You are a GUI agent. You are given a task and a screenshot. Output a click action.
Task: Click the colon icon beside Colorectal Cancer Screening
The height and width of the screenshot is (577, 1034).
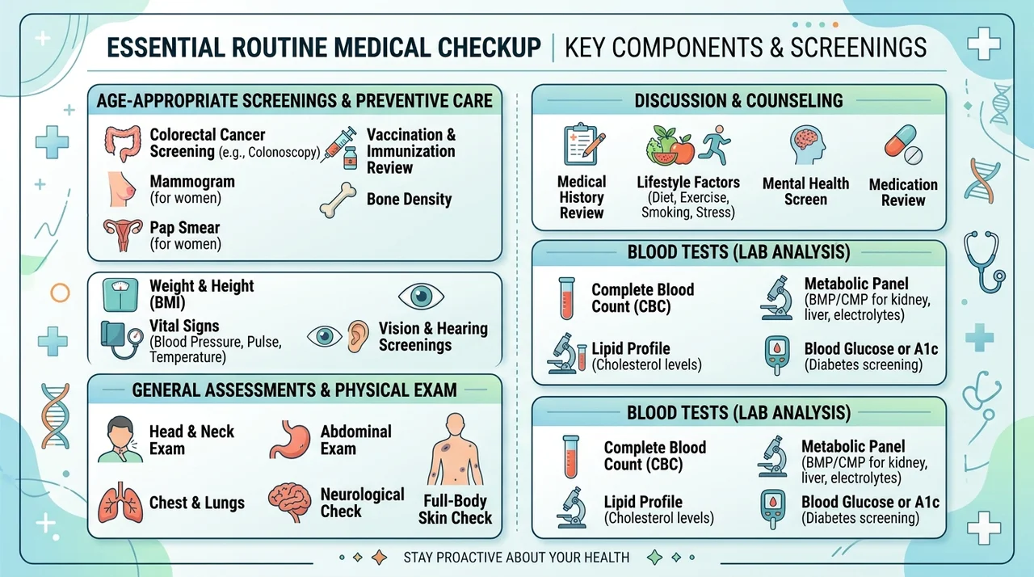[x=122, y=144]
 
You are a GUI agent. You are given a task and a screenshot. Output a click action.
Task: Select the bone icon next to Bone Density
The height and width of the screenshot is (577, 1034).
[x=338, y=200]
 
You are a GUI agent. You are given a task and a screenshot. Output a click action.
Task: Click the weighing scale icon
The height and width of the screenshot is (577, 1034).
[x=120, y=294]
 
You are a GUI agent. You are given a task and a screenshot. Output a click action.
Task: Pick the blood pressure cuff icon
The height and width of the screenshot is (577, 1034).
[x=121, y=340]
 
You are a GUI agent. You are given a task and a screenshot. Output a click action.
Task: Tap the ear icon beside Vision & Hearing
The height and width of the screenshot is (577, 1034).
[x=358, y=336]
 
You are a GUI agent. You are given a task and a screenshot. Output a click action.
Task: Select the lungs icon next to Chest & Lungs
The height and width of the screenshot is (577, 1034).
[x=120, y=503]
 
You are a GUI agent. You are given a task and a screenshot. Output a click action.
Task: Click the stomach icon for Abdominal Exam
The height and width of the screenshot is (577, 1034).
[x=290, y=440]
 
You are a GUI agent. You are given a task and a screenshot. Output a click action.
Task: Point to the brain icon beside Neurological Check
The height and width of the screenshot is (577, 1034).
[x=289, y=502]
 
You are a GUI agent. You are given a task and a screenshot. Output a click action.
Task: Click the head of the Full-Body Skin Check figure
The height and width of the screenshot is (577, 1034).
[x=456, y=423]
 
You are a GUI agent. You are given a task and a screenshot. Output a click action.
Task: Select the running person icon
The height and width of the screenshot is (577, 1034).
[x=715, y=145]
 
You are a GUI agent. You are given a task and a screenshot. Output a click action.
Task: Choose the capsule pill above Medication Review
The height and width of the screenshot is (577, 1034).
[x=900, y=141]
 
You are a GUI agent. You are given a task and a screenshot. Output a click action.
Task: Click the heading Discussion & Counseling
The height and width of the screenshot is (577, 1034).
[x=738, y=101]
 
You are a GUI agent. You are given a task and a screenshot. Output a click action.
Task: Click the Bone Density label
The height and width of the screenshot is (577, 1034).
[x=409, y=200]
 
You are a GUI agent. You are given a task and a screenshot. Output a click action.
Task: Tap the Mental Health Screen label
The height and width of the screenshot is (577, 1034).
[x=805, y=192]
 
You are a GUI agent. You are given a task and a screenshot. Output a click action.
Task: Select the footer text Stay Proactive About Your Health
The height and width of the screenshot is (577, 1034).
[x=516, y=558]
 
